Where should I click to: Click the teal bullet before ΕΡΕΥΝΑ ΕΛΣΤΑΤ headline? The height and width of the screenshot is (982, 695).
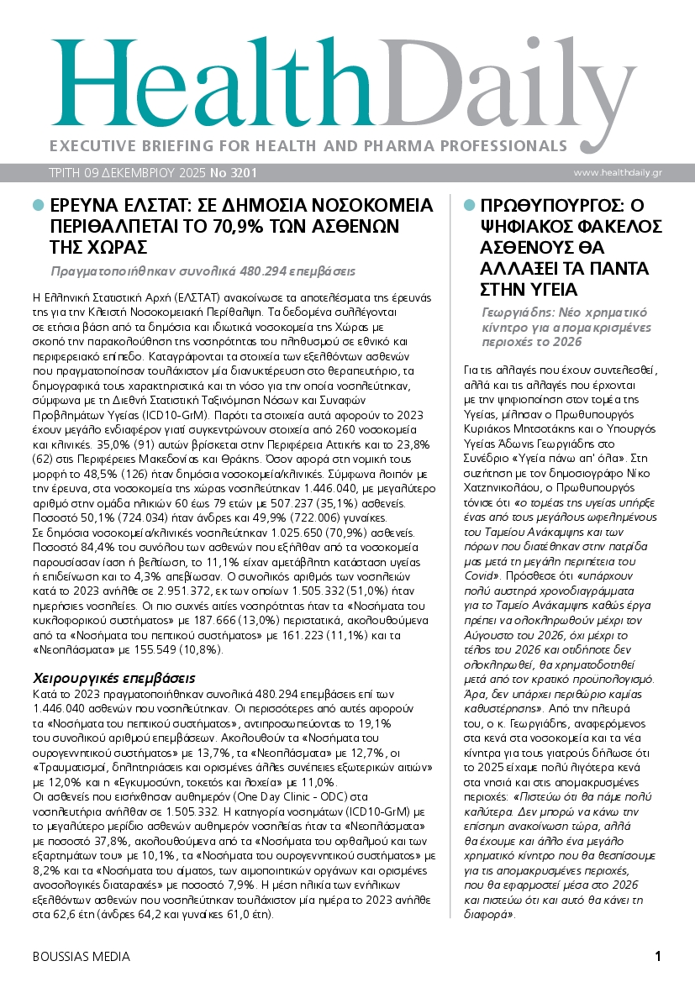37,205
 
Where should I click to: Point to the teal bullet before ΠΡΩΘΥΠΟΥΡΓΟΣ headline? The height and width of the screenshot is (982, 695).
468,205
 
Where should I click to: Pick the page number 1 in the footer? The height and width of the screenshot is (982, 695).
658,956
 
